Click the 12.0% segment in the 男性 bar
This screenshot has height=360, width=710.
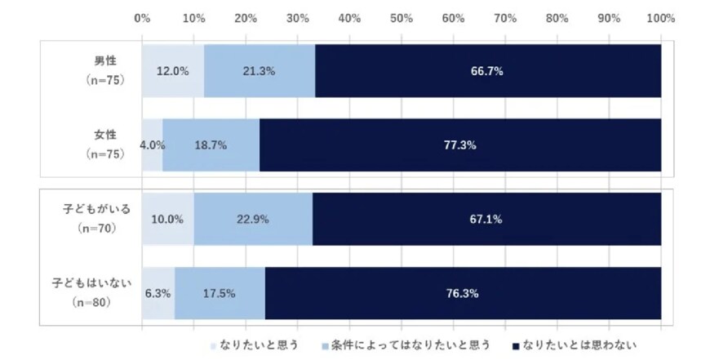pos(173,71)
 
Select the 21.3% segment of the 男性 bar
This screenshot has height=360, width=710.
pos(260,71)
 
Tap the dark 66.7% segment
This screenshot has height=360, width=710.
pos(487,71)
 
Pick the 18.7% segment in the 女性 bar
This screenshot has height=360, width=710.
pos(211,144)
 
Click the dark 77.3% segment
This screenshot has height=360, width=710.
pos(460,144)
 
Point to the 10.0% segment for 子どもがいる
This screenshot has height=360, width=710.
pos(168,219)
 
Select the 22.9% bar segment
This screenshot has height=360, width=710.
pos(253,219)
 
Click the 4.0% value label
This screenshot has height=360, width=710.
pos(153,144)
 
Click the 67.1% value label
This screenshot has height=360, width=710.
pos(486,219)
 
